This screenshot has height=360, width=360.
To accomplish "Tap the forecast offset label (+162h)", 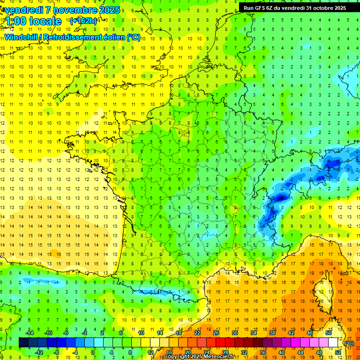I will tap(83, 21).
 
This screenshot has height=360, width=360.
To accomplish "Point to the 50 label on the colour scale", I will tap(329, 333).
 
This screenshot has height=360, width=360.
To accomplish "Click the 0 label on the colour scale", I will tap(93, 352).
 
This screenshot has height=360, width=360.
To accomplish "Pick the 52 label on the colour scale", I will tap(338, 352).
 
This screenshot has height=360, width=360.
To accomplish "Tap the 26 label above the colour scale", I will tap(216, 333).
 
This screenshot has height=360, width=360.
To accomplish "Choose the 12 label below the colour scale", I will tap(150, 352).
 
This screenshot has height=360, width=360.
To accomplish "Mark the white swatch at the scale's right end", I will tap(333, 343).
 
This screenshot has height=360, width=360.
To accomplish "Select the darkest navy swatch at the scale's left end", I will tap(24, 343).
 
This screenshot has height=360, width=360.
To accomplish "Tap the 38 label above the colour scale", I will tap(272, 333).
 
